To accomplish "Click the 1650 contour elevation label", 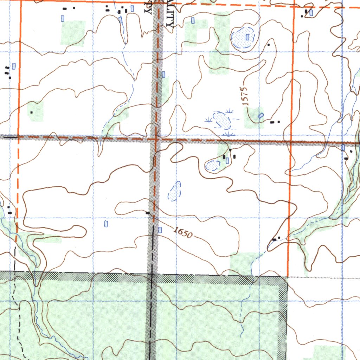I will tap(183, 232).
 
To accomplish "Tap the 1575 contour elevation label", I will tap(245, 96).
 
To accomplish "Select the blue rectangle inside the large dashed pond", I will tap(247, 37).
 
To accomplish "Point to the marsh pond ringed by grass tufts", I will tap(222, 120).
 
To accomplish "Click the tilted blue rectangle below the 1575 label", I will tap(261, 115).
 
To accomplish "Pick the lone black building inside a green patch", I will tap(32, 112).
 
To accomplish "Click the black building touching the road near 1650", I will tap(148, 213).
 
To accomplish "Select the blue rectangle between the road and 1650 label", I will tap(160, 230).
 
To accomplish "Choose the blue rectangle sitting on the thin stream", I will tap(121, 20).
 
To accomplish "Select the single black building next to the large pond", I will tap(269, 45).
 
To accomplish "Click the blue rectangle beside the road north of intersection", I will tap(163, 74).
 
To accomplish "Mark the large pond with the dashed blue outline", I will tap(243, 38).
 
